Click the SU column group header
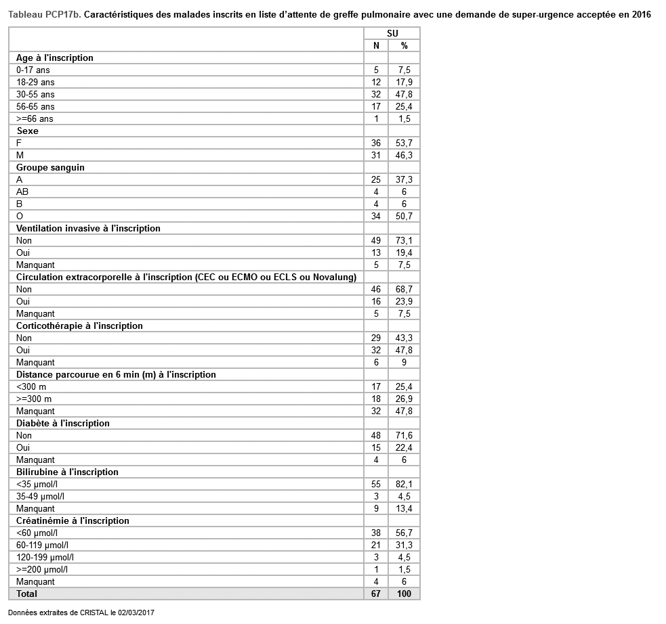(392, 33)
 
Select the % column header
(404, 45)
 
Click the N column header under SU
(376, 45)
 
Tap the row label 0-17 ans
(33, 70)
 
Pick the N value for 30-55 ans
(376, 94)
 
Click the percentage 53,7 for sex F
(404, 143)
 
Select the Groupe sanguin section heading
(50, 167)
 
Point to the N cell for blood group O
(376, 216)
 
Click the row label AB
(22, 192)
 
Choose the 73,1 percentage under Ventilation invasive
(404, 240)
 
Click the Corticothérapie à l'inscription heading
(79, 326)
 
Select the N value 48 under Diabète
(376, 435)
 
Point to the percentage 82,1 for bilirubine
(404, 484)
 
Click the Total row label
(27, 594)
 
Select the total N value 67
(376, 594)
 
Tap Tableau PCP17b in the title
(45, 15)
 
